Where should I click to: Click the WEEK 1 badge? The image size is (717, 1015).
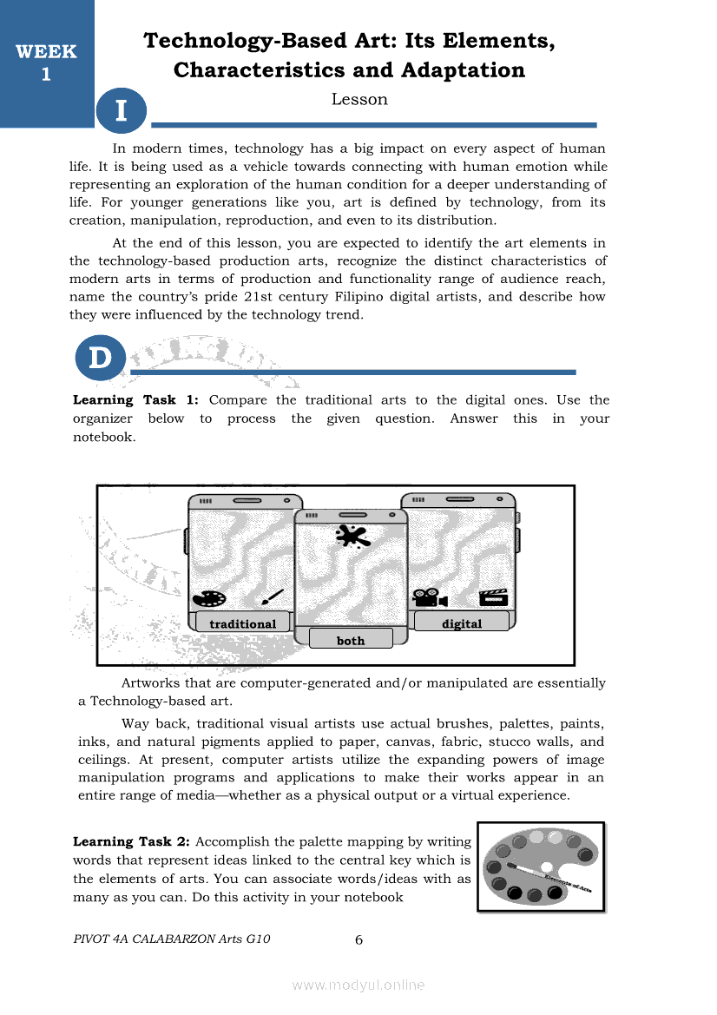[x=46, y=63]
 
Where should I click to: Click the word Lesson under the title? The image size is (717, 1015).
[x=359, y=100]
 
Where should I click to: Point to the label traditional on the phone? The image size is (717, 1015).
[x=242, y=623]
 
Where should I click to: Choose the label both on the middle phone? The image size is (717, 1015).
[x=351, y=640]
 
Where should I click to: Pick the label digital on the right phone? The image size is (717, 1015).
[x=462, y=623]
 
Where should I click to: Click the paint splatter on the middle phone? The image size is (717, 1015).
[x=352, y=537]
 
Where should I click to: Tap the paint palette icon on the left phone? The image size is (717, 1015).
[x=208, y=599]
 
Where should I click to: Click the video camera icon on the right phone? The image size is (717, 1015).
[x=430, y=598]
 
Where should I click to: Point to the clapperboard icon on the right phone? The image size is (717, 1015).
[x=493, y=598]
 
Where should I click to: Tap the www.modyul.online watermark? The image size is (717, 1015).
[x=358, y=985]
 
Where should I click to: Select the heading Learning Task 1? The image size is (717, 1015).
[x=136, y=400]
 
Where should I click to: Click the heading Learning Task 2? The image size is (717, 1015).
[x=133, y=841]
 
